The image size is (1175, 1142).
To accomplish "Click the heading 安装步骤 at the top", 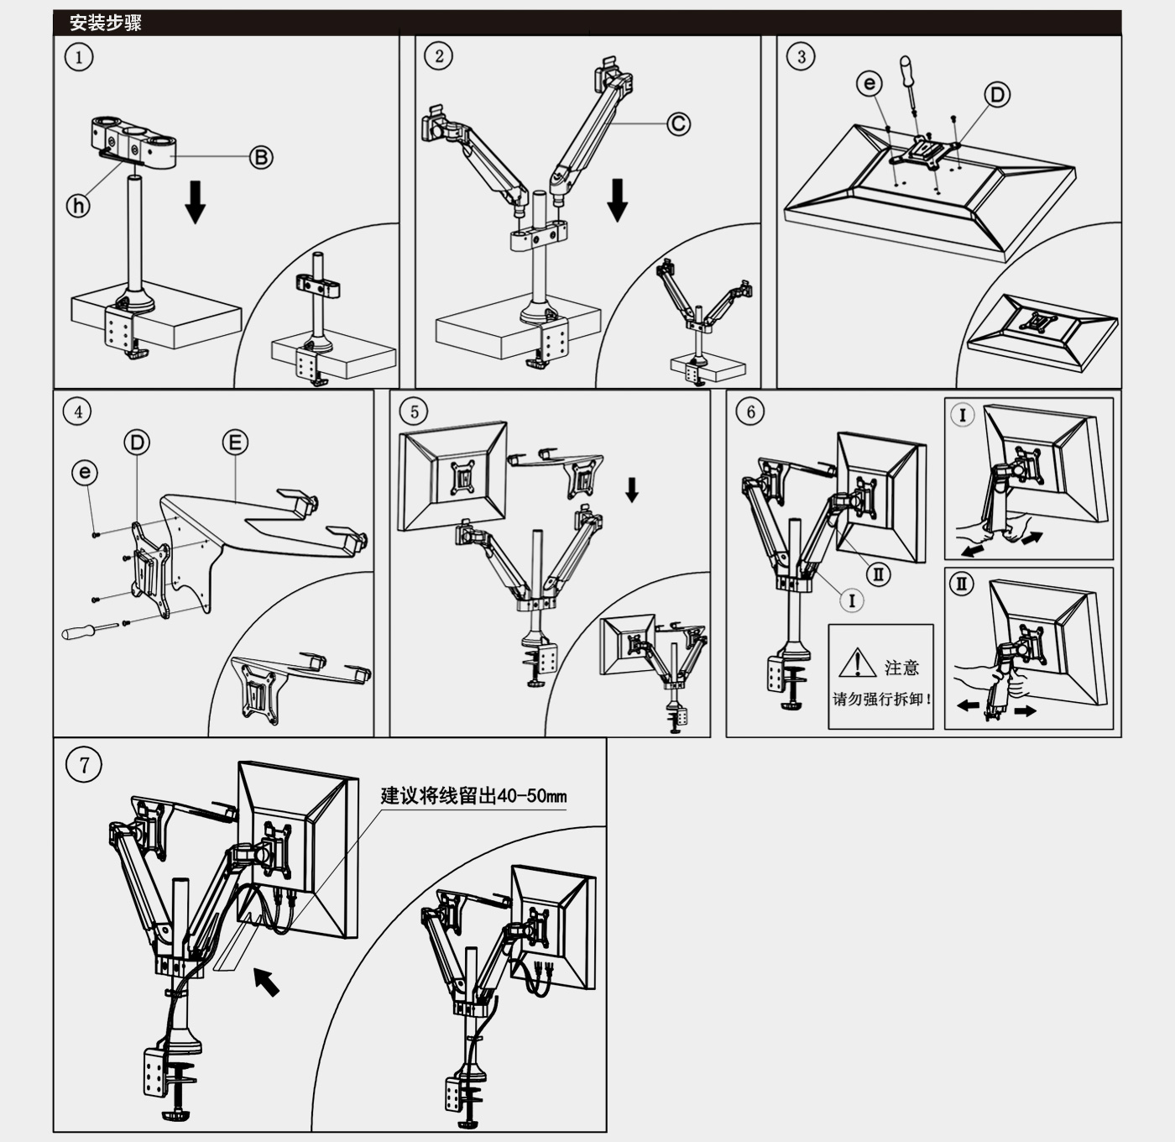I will tap(106, 23).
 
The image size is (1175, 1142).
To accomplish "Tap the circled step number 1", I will tap(79, 57).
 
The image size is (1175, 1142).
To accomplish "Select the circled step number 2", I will tap(439, 56).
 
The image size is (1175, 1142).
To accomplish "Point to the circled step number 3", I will tap(801, 56).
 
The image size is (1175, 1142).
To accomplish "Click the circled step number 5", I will tap(414, 411).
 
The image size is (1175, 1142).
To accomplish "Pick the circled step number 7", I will tap(84, 765).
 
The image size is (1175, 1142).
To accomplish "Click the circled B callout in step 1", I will tap(261, 157).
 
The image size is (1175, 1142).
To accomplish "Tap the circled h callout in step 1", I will tap(78, 205).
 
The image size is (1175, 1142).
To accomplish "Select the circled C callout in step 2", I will tap(678, 124).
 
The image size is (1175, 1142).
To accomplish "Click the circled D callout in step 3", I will tap(996, 94).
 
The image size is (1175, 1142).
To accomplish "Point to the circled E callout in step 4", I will tap(235, 443).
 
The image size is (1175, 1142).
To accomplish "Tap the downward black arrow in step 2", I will tap(618, 200).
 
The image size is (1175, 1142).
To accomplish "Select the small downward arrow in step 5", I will tap(632, 490).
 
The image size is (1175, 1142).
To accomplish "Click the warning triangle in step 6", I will tap(857, 663).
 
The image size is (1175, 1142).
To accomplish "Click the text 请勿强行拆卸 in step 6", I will tap(881, 699).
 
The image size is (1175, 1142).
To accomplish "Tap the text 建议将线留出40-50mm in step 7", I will tap(473, 795).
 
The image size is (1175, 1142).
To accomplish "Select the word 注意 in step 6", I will tap(901, 668).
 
